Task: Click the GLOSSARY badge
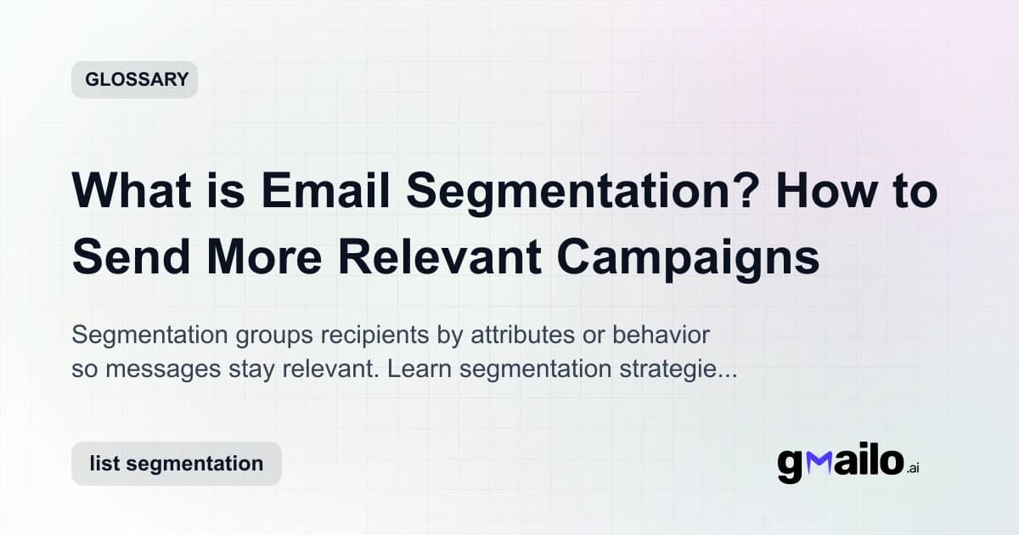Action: click(x=134, y=80)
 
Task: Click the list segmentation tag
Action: click(x=176, y=464)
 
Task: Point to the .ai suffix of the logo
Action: click(x=913, y=469)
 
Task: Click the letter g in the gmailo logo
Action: click(x=790, y=465)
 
